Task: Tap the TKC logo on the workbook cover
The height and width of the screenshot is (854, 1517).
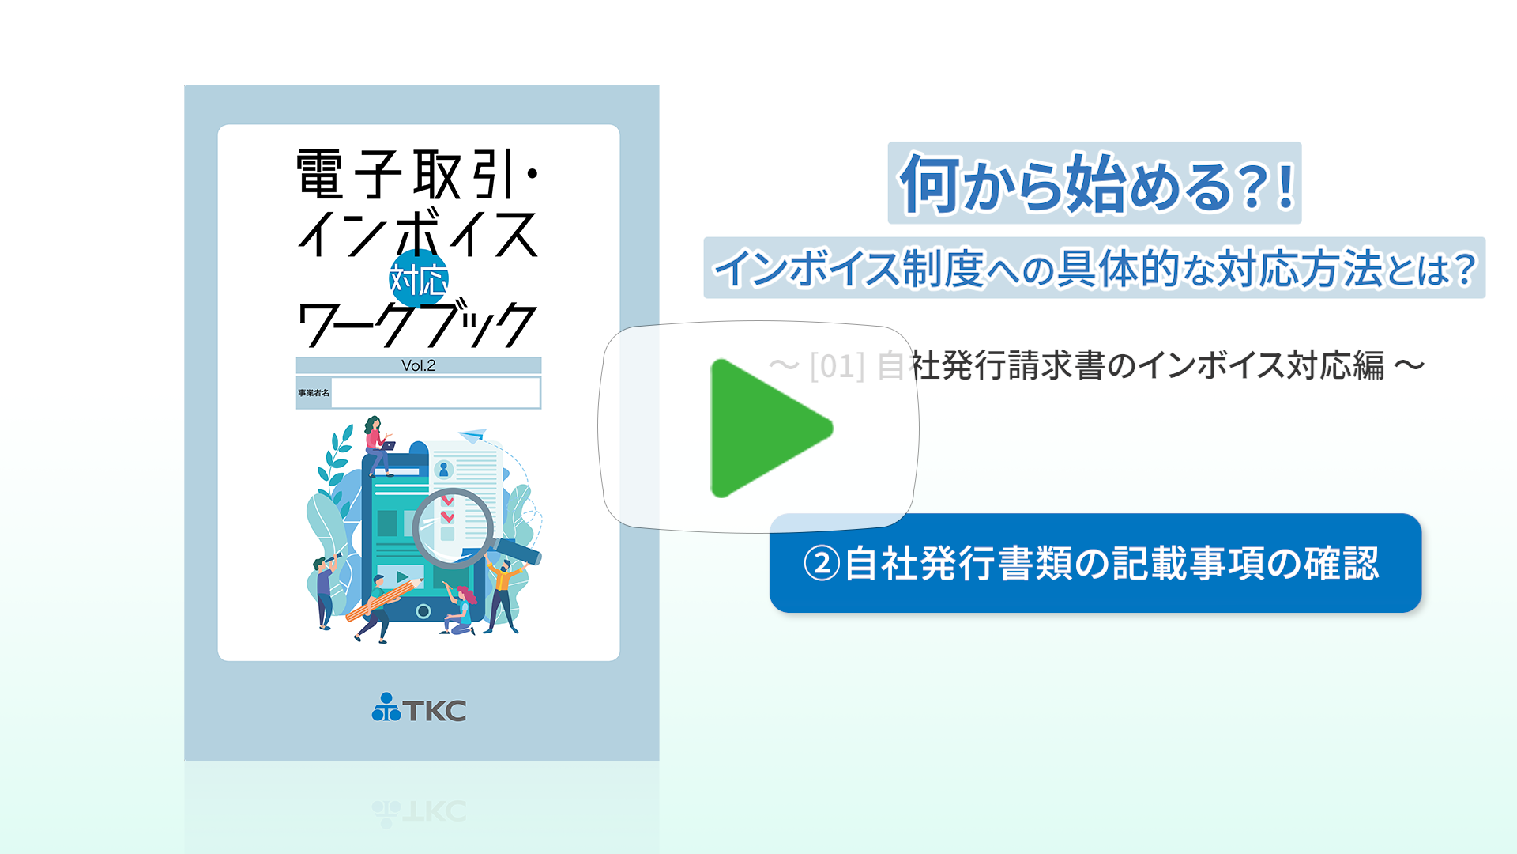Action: click(419, 708)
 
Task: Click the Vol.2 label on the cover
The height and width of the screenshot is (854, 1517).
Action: click(419, 365)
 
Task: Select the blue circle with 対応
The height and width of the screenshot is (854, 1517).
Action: click(419, 279)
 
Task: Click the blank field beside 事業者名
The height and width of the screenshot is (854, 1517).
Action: click(435, 392)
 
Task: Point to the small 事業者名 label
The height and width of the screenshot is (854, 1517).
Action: click(314, 393)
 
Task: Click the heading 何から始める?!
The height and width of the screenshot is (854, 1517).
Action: click(1095, 183)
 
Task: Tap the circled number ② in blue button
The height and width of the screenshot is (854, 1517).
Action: click(822, 564)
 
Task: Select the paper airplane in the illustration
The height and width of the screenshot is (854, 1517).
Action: click(473, 435)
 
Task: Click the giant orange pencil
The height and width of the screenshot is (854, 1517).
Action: click(385, 599)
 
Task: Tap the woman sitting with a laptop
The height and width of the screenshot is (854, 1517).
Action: click(377, 444)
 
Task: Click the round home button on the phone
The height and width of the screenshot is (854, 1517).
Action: click(423, 611)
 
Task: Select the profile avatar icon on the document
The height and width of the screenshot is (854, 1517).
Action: click(444, 470)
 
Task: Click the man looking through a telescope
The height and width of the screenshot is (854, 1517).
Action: click(325, 589)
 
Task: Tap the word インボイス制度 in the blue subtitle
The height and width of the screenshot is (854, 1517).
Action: click(847, 268)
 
